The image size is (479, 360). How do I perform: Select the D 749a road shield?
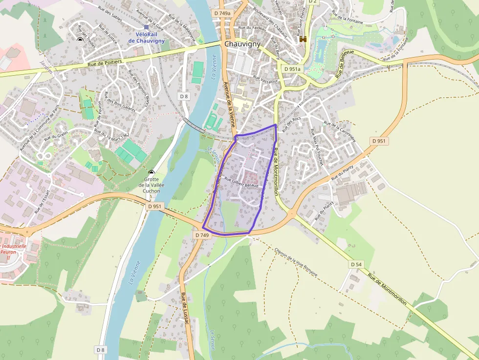pyautogui.click(x=222, y=13)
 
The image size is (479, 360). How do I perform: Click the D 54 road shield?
pyautogui.click(x=356, y=264)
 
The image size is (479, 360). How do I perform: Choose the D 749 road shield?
pyautogui.click(x=202, y=235)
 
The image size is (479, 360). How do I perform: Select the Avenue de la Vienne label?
pyautogui.click(x=227, y=100)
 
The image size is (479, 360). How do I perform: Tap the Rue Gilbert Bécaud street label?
pyautogui.click(x=241, y=182)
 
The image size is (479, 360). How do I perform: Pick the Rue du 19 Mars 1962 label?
pyautogui.click(x=112, y=134)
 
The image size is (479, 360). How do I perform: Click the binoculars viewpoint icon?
pyautogui.click(x=303, y=40)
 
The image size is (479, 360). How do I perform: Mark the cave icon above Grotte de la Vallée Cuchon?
pyautogui.click(x=152, y=172)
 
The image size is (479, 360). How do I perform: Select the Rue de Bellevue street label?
pyautogui.click(x=345, y=63)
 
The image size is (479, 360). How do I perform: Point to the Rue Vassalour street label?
pyautogui.click(x=265, y=78)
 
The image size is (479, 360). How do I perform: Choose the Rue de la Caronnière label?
pyautogui.click(x=340, y=132)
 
